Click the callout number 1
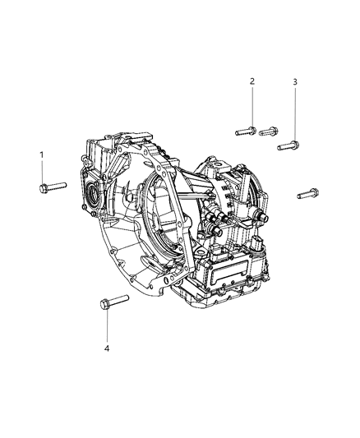pyautogui.click(x=42, y=154)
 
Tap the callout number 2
pyautogui.click(x=252, y=81)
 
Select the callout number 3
pyautogui.click(x=295, y=82)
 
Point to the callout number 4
pyautogui.click(x=107, y=348)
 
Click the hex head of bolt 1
pyautogui.click(x=43, y=188)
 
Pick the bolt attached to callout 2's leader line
pyautogui.click(x=246, y=131)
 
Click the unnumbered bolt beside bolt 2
pyautogui.click(x=269, y=131)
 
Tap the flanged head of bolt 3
pyautogui.click(x=295, y=145)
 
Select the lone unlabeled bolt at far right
pyautogui.click(x=307, y=193)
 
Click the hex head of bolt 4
pyautogui.click(x=104, y=303)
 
